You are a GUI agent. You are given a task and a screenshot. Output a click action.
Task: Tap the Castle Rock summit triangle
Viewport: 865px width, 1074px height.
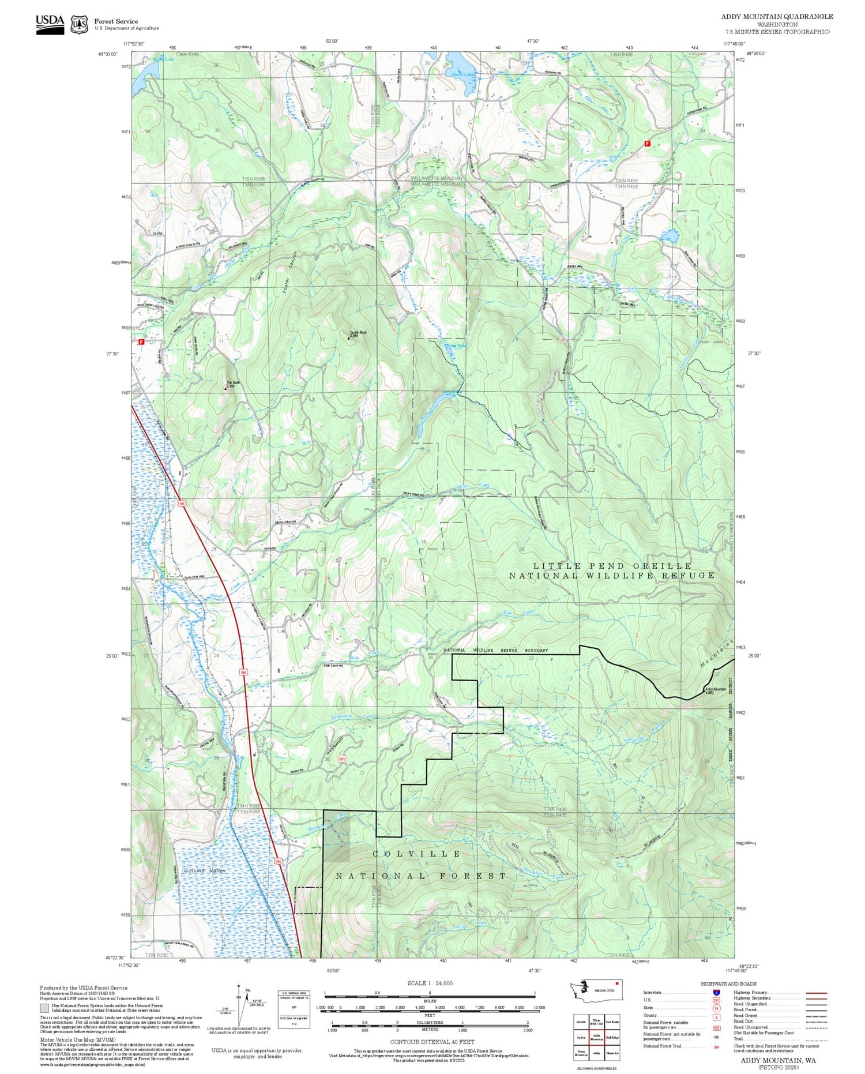(x=349, y=339)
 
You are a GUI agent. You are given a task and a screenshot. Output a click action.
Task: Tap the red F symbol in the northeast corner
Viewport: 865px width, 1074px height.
(x=647, y=144)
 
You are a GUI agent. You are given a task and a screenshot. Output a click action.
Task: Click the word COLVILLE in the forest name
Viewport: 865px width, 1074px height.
(x=416, y=854)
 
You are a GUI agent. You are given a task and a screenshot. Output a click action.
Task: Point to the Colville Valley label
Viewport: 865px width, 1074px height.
(x=205, y=870)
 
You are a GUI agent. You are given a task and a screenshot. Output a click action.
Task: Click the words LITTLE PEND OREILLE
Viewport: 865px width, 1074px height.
(x=612, y=566)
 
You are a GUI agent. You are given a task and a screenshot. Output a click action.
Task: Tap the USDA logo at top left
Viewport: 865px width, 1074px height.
(x=50, y=24)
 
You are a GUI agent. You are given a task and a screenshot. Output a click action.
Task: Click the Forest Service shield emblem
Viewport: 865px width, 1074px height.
(x=79, y=24)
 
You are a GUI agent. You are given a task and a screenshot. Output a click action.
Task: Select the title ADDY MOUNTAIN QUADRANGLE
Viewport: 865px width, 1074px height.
(x=777, y=17)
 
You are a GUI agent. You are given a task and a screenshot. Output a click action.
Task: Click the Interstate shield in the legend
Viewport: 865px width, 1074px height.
(x=716, y=992)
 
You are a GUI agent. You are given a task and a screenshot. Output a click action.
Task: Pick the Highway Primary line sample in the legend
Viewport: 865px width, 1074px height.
(x=814, y=993)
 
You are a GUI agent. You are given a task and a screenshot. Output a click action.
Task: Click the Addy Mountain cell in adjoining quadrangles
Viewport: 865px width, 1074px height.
(x=596, y=1037)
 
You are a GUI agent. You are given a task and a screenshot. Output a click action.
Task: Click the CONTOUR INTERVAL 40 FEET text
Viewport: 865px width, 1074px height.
(x=432, y=1042)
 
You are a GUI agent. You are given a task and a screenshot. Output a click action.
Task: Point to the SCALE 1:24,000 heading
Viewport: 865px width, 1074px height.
(x=430, y=983)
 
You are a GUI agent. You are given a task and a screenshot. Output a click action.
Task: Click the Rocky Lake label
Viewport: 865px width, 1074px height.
(x=163, y=59)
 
